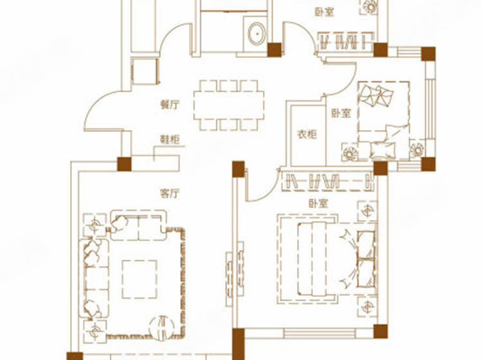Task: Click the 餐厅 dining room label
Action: pos(170,105)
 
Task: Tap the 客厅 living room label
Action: pos(170,194)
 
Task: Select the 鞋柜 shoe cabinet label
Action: pos(170,140)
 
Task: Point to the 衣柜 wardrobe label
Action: pos(307,134)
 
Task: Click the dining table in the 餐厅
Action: pos(229,105)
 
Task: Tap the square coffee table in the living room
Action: pos(139,280)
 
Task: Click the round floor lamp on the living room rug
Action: pos(162,328)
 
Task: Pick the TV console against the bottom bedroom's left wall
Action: pos(235,274)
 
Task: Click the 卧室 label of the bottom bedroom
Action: pos(318,204)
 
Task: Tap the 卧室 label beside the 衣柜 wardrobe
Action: pos(341,113)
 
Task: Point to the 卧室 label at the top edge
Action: pos(325,13)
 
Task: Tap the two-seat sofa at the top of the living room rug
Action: pos(138,225)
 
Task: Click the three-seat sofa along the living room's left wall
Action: pos(94,278)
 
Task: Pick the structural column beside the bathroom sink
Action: pos(274,50)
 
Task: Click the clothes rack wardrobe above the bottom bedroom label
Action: pos(328,181)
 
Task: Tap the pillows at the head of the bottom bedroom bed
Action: pos(366,259)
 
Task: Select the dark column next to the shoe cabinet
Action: pos(124,164)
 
